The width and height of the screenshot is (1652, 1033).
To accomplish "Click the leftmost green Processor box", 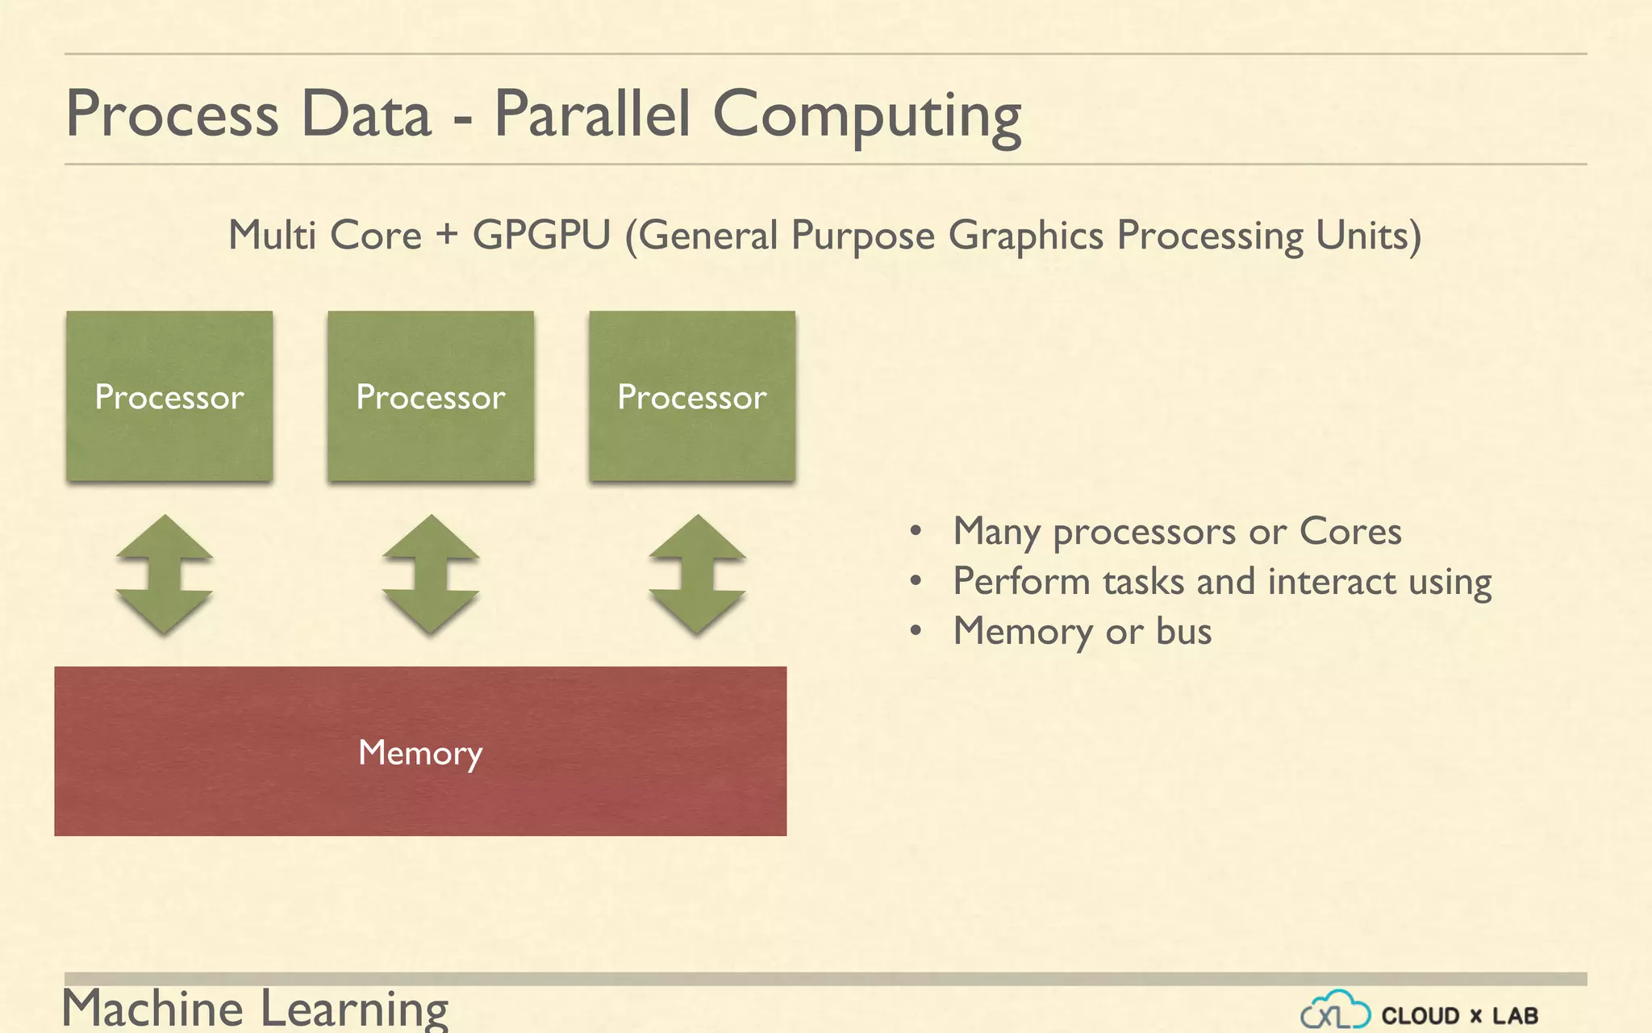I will tap(169, 396).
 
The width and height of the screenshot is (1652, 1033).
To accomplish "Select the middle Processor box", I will tap(431, 396).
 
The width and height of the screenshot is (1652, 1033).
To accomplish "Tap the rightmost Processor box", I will tap(692, 396).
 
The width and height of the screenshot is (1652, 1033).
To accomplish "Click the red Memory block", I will tap(420, 751).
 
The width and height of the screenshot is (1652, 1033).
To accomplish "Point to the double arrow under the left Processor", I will tap(165, 574).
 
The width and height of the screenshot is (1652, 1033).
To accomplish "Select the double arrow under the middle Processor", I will tap(431, 574).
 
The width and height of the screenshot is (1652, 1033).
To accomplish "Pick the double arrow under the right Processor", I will tap(698, 574).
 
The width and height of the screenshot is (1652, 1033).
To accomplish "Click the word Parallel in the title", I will tap(592, 114).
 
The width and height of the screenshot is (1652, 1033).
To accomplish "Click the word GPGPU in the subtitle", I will tap(541, 236).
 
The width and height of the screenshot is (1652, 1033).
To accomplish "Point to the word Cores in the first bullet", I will tap(1350, 531).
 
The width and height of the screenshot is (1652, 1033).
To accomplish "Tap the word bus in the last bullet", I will tap(1183, 631).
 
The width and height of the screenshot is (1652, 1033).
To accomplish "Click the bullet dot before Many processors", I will tap(916, 531).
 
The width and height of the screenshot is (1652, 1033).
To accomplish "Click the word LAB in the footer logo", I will tap(1515, 1015).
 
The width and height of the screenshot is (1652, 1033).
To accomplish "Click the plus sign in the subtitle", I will tap(447, 235).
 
